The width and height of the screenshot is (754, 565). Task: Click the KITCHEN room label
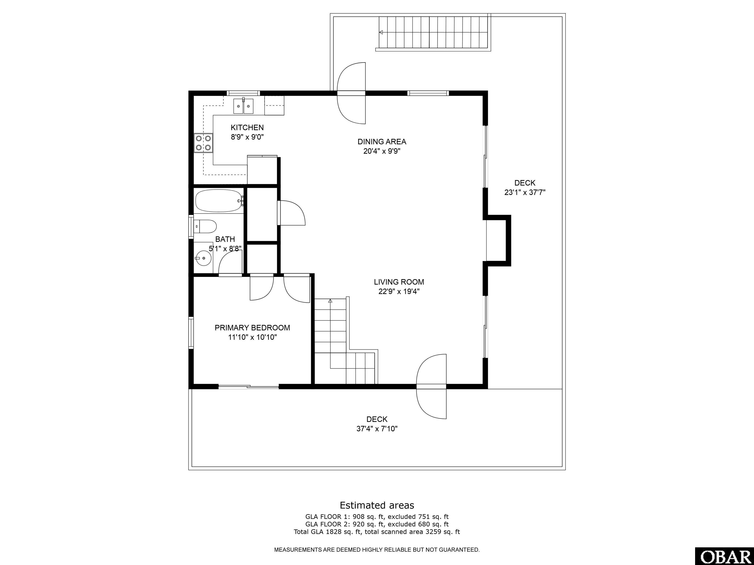tap(247, 128)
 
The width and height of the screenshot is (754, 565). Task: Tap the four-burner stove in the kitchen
tap(203, 143)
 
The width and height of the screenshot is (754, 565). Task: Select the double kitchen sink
tap(243, 106)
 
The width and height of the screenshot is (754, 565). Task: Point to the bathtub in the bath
tap(219, 201)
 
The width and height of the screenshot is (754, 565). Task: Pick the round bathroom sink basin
tap(203, 258)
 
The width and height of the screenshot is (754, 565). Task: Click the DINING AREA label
tap(382, 142)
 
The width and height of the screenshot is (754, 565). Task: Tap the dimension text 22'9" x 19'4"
tap(399, 292)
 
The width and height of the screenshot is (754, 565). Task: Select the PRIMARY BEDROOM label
tap(252, 328)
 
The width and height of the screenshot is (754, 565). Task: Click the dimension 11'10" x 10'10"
tap(252, 337)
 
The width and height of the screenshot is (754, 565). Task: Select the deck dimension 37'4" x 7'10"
tap(377, 429)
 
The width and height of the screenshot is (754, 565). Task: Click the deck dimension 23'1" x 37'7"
tap(525, 193)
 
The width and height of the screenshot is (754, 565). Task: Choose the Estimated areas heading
tap(377, 505)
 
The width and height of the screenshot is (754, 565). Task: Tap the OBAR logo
tap(724, 556)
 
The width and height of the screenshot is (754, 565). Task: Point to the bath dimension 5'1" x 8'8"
tap(225, 249)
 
